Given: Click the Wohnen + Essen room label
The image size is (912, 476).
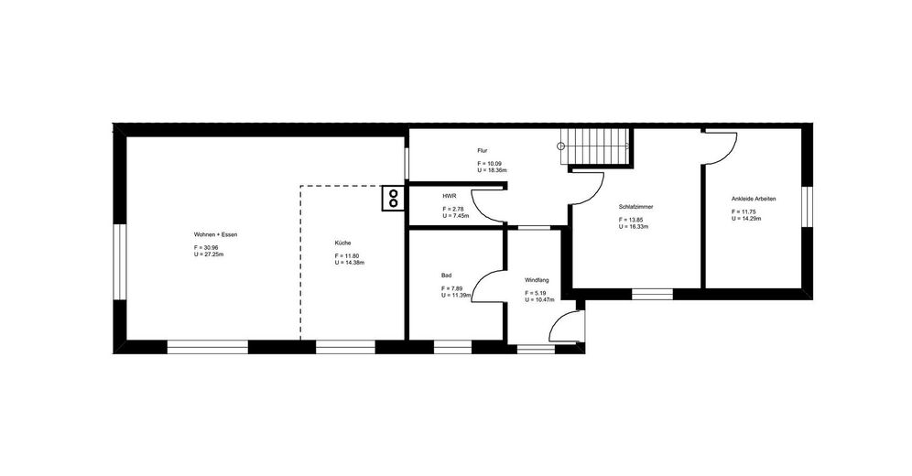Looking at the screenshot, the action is [216, 234].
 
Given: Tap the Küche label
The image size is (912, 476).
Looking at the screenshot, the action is [342, 243].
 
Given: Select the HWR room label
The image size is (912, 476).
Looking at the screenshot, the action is [449, 197].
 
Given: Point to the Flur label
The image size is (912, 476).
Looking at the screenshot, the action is [483, 150].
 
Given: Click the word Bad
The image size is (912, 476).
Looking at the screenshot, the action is [446, 276].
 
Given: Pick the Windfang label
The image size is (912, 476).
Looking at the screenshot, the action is [537, 280].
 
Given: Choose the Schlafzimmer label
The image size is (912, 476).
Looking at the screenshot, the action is [635, 207].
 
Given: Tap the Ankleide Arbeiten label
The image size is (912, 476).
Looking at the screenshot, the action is [754, 199].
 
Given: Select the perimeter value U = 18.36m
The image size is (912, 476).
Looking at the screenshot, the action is [492, 170].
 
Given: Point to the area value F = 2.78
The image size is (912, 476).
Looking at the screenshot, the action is [453, 210].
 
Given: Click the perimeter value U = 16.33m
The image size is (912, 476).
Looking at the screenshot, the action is [634, 227].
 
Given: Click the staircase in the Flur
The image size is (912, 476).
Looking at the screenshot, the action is [595, 146].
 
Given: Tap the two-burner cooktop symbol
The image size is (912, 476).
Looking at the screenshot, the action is [393, 198].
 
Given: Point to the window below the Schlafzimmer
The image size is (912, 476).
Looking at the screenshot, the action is [652, 294].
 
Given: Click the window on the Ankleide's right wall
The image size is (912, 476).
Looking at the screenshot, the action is [807, 207].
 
